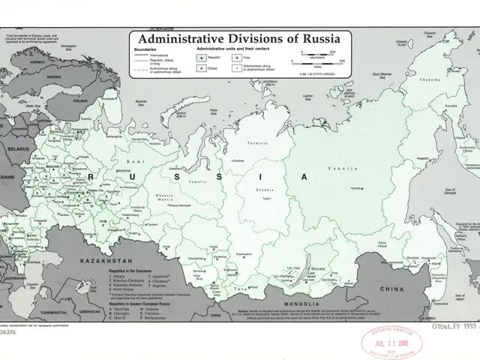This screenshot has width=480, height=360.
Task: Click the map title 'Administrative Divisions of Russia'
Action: pos(235,37)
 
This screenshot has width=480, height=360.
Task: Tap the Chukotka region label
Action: pos(430,79)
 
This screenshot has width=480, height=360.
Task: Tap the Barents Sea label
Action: pos(136,103)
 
